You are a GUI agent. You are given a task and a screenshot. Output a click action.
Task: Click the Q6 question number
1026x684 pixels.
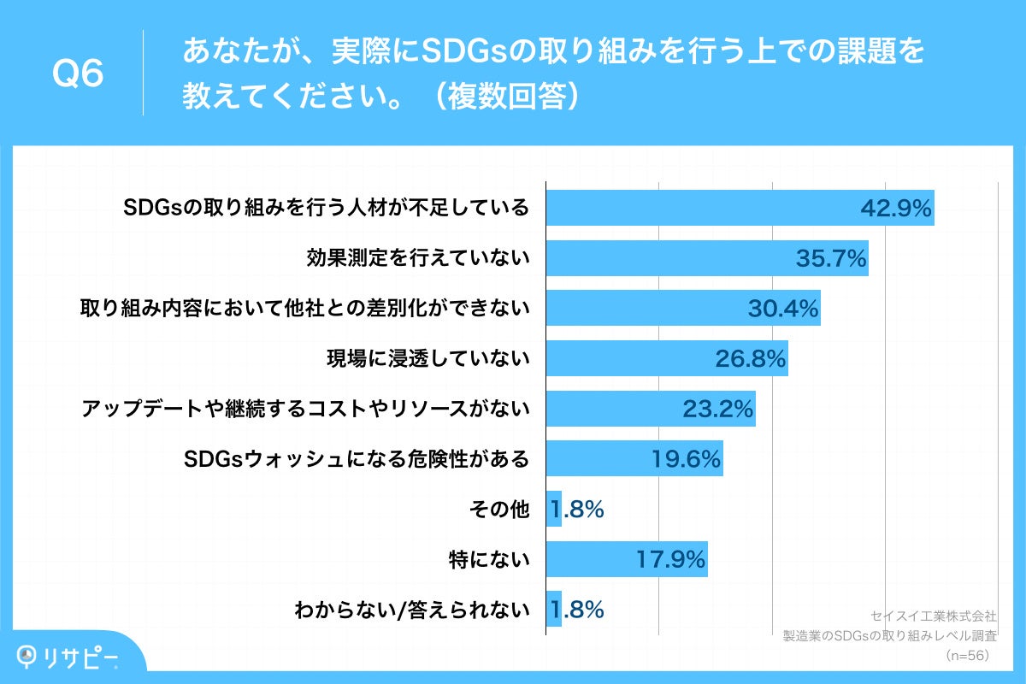pos(78,74)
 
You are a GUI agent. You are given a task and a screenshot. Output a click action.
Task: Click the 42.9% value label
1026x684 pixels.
pos(895,209)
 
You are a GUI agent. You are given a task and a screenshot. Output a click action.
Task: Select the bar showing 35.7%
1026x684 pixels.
pos(707,258)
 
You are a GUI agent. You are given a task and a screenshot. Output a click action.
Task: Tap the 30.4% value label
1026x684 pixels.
pos(783,309)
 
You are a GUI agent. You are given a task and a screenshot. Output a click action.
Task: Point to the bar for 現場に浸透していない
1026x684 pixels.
pos(667,359)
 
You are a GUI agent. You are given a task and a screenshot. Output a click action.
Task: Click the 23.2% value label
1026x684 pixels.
pos(718,410)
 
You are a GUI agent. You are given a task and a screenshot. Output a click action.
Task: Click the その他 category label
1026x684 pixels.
pos(499,510)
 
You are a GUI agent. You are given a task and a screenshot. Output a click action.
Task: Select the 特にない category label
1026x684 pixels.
pos(489,560)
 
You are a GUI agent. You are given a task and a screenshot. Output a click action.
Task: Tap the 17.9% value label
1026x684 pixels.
pos(671,560)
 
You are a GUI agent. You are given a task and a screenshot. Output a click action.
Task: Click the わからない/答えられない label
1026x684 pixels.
pos(412,610)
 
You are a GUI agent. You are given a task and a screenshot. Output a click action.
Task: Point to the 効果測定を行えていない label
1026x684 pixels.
pos(418,258)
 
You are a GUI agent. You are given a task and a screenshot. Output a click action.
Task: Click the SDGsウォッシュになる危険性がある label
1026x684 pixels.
pos(357,460)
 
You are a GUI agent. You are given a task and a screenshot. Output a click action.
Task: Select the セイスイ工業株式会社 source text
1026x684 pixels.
pos(933,616)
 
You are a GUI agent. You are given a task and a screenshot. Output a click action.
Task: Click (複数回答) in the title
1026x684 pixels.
pos(505,97)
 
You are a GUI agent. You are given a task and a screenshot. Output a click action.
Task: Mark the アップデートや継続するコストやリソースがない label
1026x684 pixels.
pos(305,410)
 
